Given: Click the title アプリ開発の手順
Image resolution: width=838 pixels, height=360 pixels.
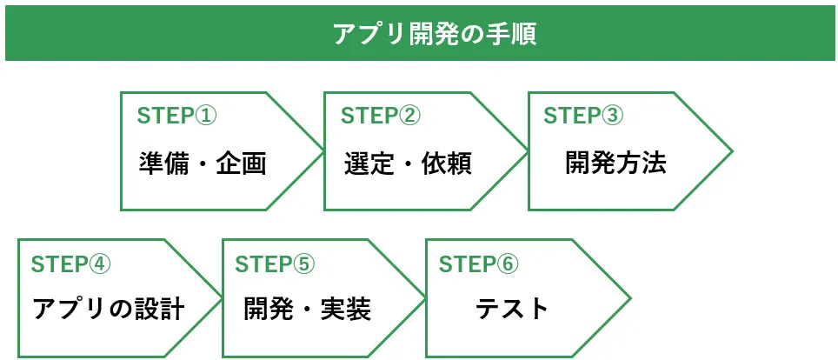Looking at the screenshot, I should [x=434, y=35].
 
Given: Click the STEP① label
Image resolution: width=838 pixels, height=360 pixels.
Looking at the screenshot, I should [x=176, y=116].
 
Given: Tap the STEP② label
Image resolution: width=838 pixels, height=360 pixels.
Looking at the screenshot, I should [x=381, y=116].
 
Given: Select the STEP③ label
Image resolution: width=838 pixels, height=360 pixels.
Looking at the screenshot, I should [x=583, y=116].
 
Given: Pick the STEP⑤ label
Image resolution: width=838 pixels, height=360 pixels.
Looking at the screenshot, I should [x=276, y=264].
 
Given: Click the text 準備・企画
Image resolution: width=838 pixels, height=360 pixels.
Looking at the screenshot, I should [x=203, y=163].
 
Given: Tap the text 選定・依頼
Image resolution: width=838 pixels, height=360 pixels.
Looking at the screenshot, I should [x=408, y=163].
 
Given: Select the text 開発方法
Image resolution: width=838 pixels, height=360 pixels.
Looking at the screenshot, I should [x=616, y=163].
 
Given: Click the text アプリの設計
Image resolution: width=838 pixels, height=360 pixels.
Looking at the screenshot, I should [x=109, y=309].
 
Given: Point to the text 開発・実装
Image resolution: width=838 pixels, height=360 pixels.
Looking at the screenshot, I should [x=308, y=309].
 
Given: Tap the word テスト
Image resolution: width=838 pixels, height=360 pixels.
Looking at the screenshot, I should [x=513, y=309].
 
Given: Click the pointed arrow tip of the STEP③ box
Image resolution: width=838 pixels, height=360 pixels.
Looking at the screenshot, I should [x=729, y=151].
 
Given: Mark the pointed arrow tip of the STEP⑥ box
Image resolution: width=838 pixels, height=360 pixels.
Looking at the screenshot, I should [x=628, y=297].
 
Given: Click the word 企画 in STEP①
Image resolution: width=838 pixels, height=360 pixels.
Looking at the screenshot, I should [x=241, y=163].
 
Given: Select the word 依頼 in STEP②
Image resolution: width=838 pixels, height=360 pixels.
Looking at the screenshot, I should [x=447, y=163].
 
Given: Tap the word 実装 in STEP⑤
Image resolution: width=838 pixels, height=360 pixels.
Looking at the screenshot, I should [x=345, y=309].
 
